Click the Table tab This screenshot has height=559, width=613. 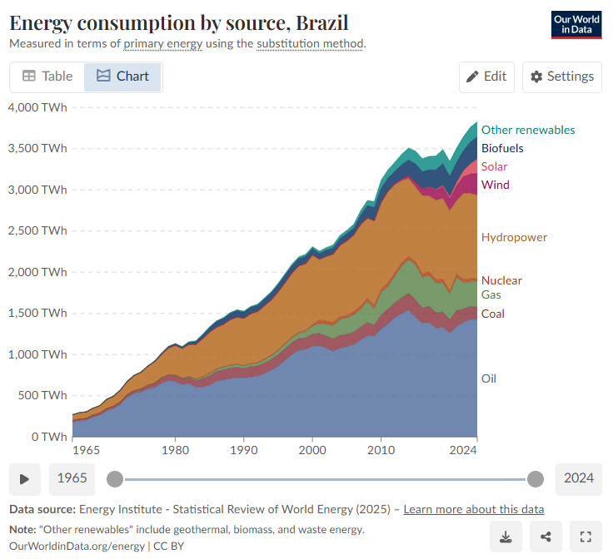click(x=47, y=77)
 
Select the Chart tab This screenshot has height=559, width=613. click(x=122, y=77)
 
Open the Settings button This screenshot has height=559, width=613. click(x=562, y=77)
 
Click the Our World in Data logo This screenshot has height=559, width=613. click(x=576, y=25)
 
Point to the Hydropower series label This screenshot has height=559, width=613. click(x=514, y=237)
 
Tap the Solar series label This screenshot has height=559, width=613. click(x=494, y=166)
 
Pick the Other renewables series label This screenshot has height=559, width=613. click(x=528, y=130)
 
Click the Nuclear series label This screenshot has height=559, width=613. click(x=501, y=280)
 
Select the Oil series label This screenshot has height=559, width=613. click(x=489, y=378)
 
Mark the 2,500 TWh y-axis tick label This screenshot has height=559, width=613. click(x=37, y=230)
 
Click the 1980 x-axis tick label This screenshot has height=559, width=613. click(x=174, y=450)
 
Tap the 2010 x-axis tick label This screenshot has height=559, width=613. click(x=381, y=450)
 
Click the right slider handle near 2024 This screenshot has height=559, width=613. click(x=536, y=478)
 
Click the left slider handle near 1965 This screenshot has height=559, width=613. click(x=115, y=478)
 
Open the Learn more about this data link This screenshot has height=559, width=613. click(x=474, y=509)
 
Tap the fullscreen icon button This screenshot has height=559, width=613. click(x=585, y=537)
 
